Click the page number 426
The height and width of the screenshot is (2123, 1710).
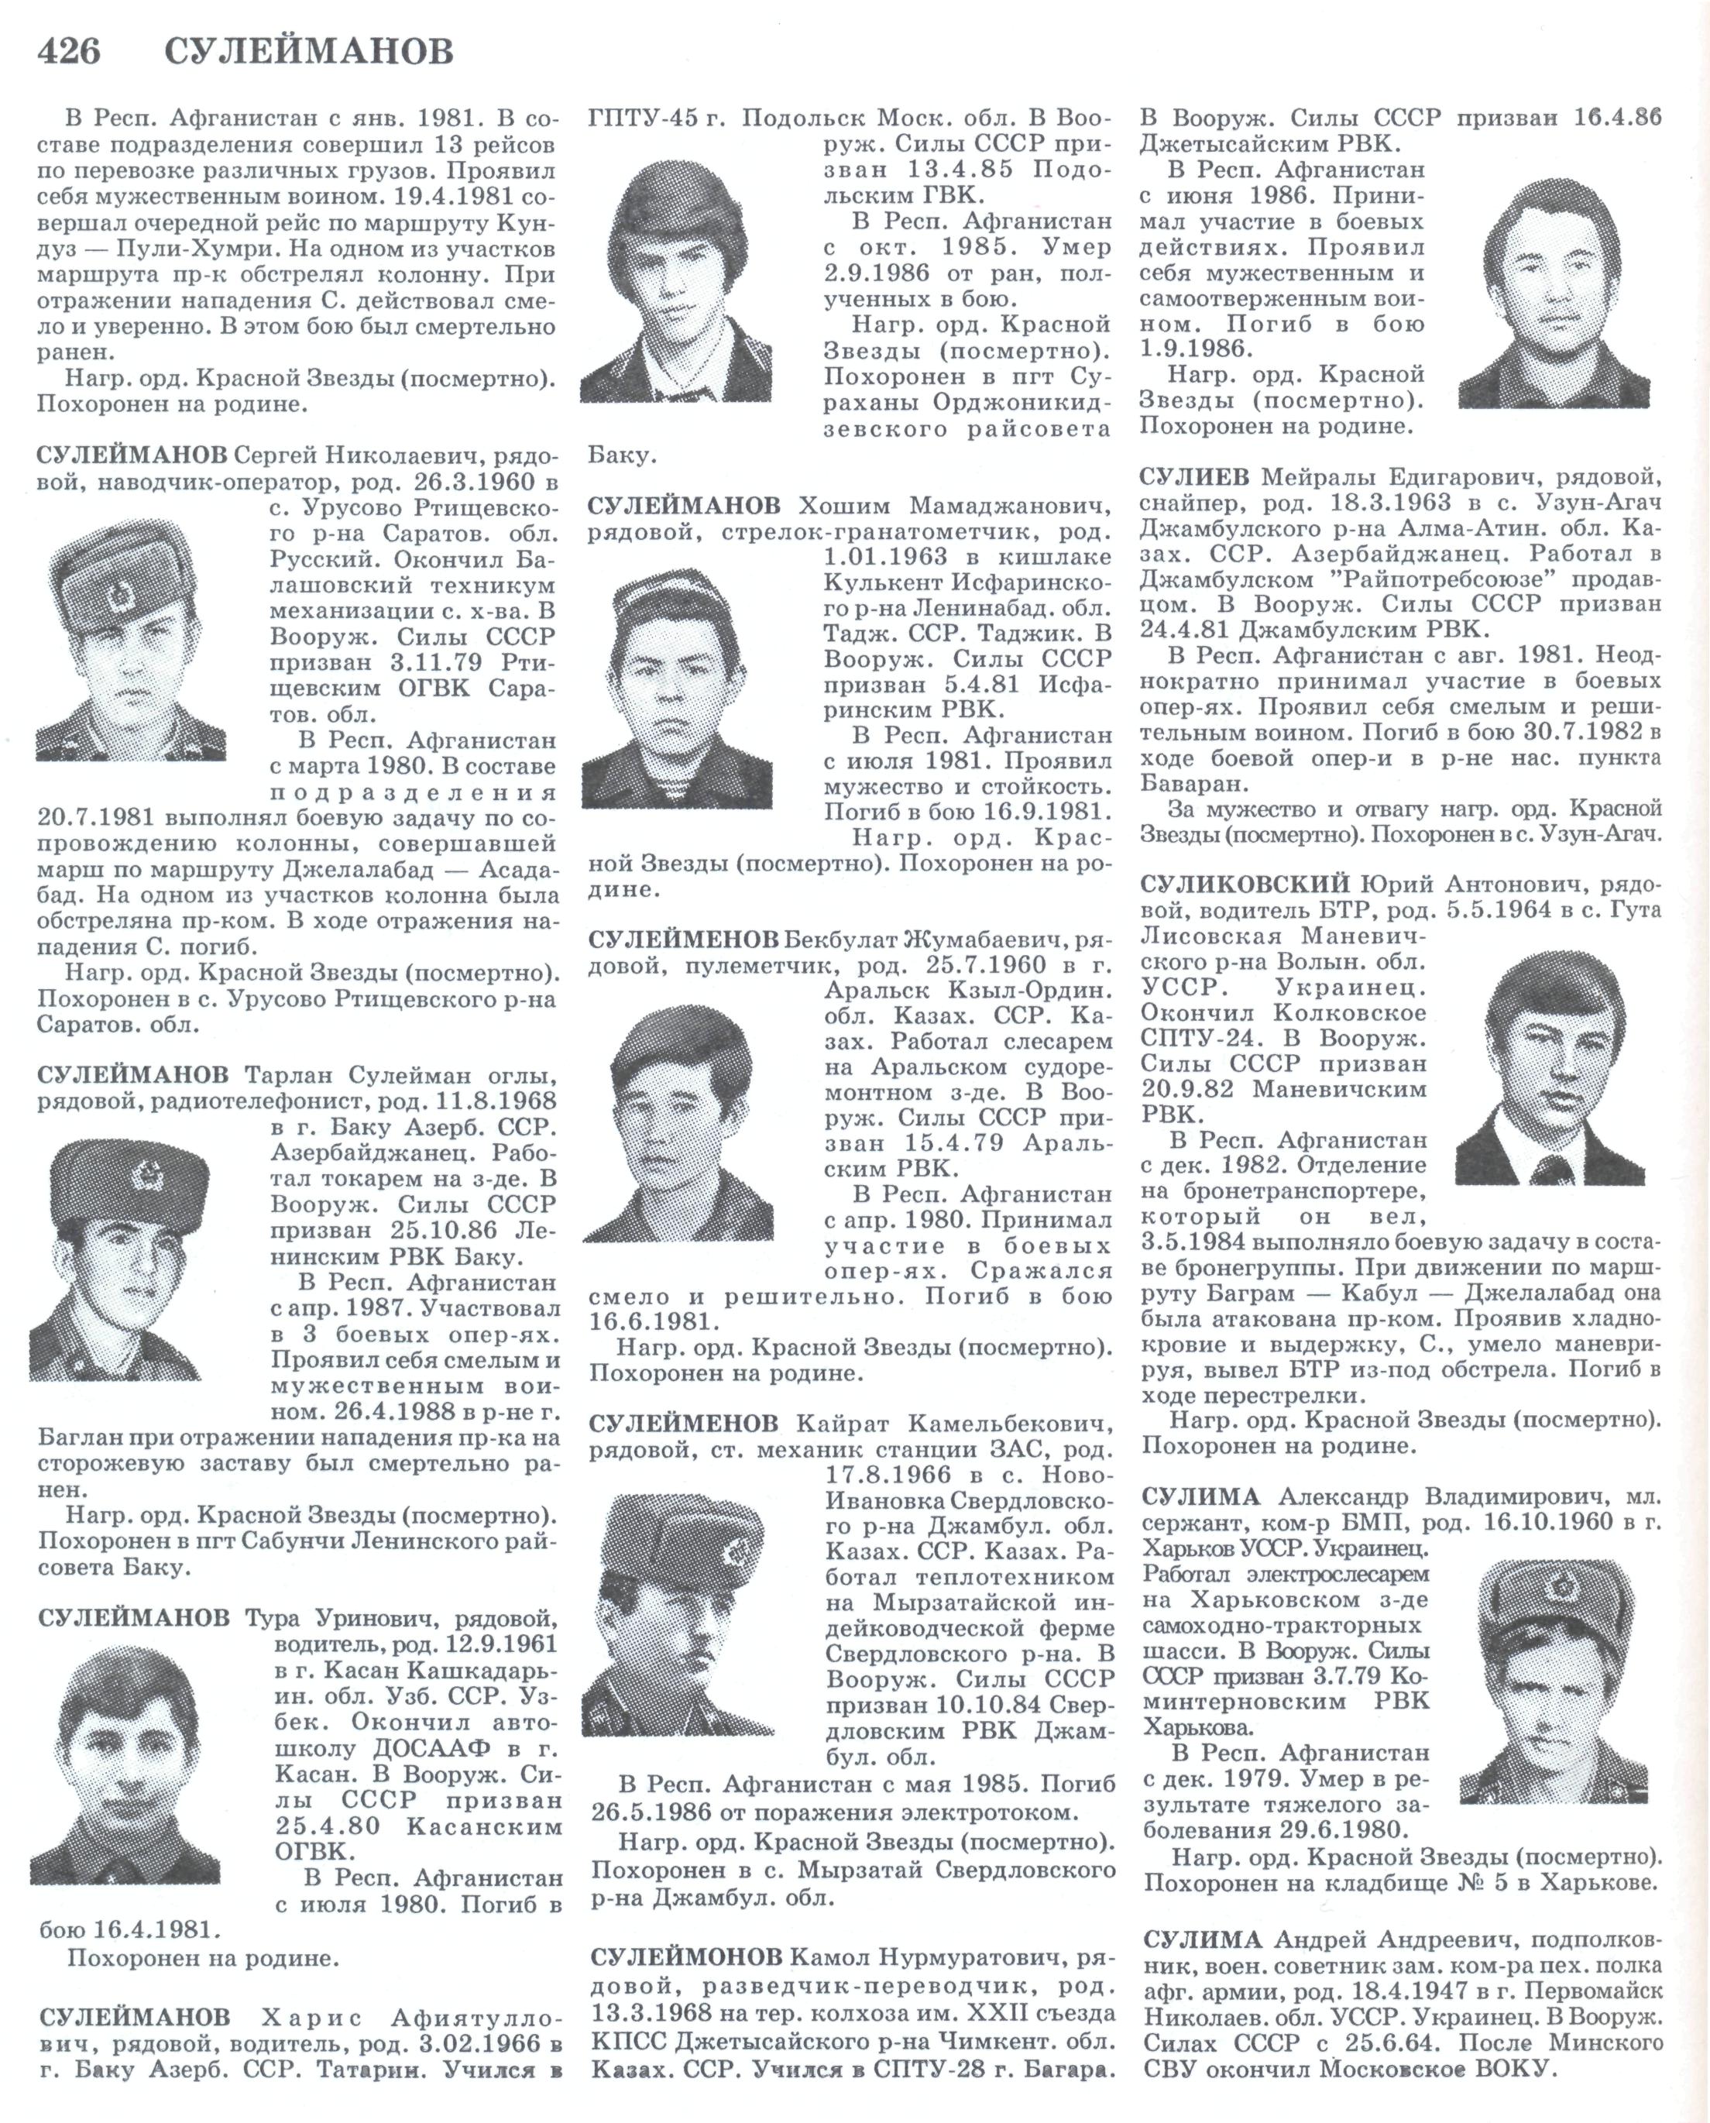(68, 50)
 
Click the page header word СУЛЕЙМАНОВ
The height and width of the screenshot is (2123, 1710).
(308, 50)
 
